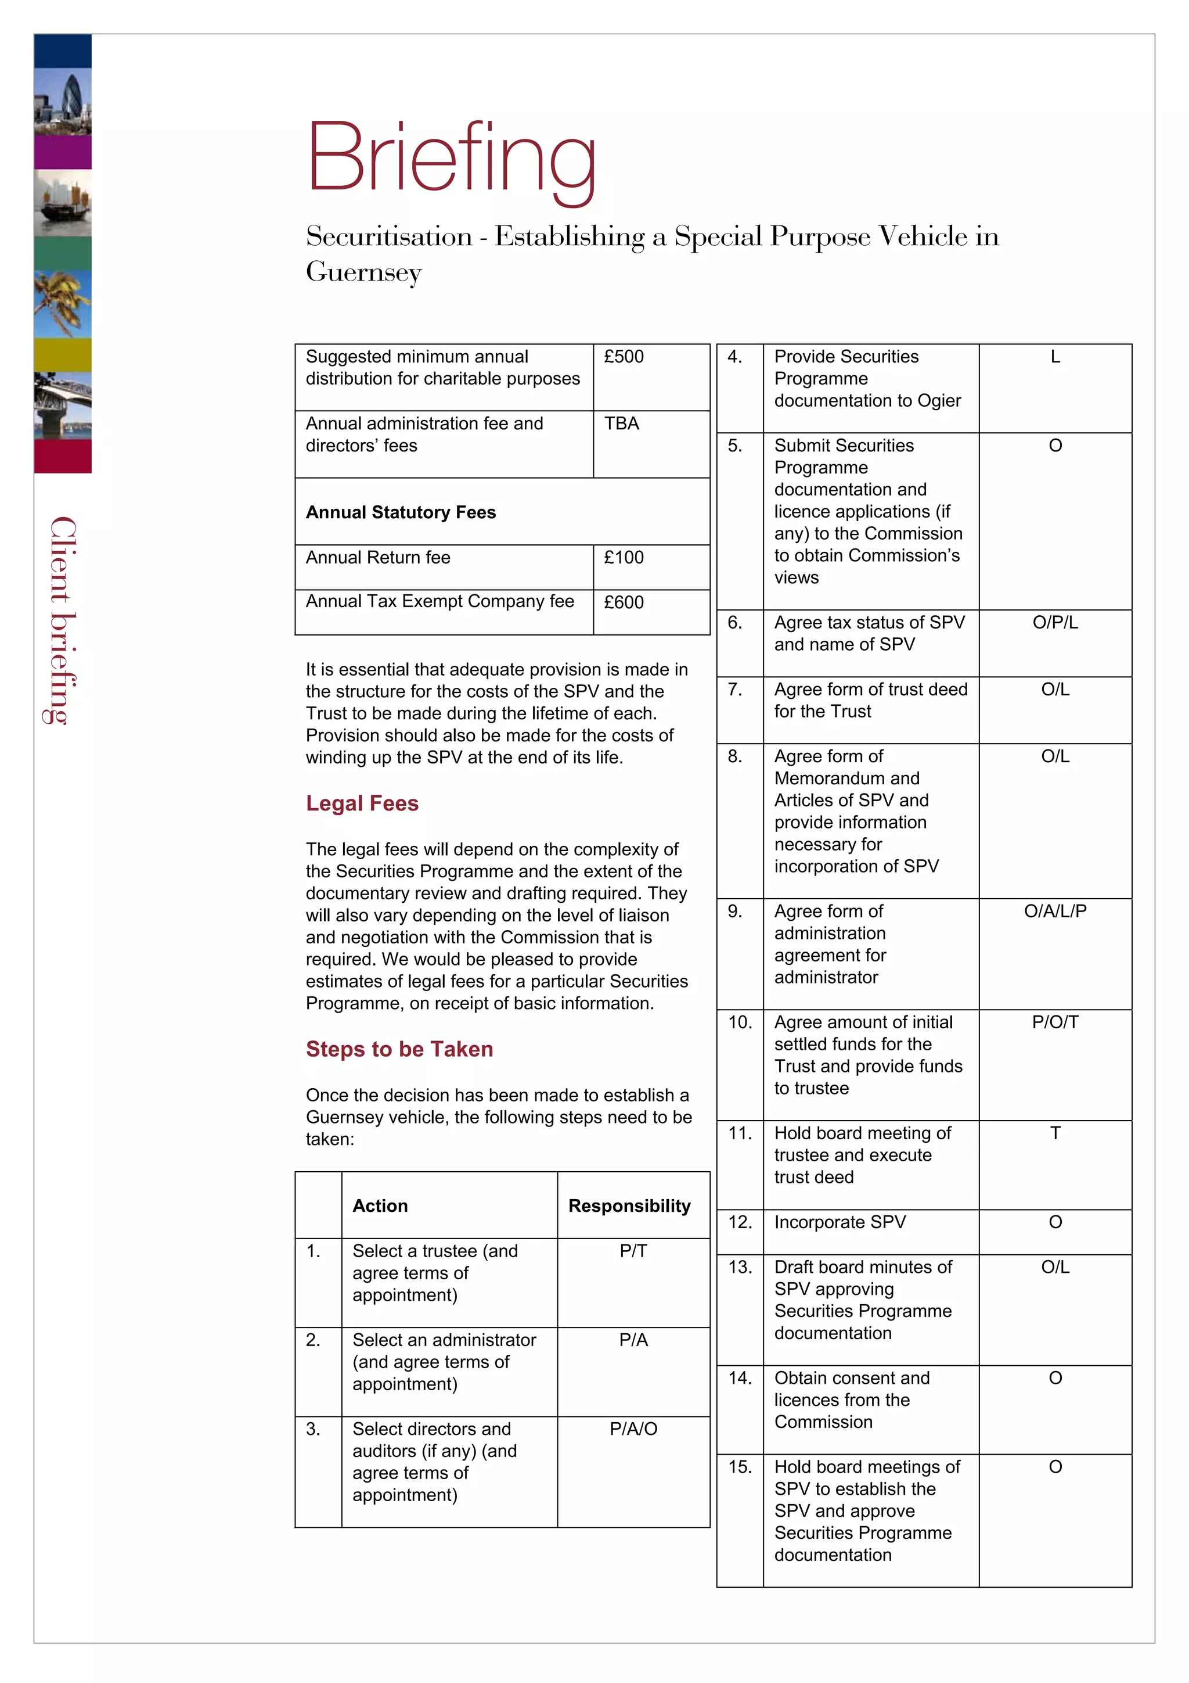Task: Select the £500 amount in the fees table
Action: click(624, 357)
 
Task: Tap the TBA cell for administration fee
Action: click(621, 424)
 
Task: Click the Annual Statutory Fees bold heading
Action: click(401, 512)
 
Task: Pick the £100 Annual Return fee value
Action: click(624, 558)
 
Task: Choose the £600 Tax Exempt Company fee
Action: click(624, 602)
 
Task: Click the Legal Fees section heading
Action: click(362, 803)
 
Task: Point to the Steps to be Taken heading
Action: click(399, 1049)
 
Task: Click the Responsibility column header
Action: click(629, 1206)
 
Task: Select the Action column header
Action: click(380, 1206)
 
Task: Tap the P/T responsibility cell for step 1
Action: click(633, 1251)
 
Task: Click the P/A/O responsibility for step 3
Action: click(633, 1429)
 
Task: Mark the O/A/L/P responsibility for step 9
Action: click(1055, 911)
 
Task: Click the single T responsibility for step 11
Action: click(1055, 1133)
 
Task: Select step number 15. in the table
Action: click(740, 1467)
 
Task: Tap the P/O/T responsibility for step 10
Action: click(1055, 1022)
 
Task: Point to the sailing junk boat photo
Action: click(63, 203)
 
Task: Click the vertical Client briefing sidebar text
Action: click(63, 620)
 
